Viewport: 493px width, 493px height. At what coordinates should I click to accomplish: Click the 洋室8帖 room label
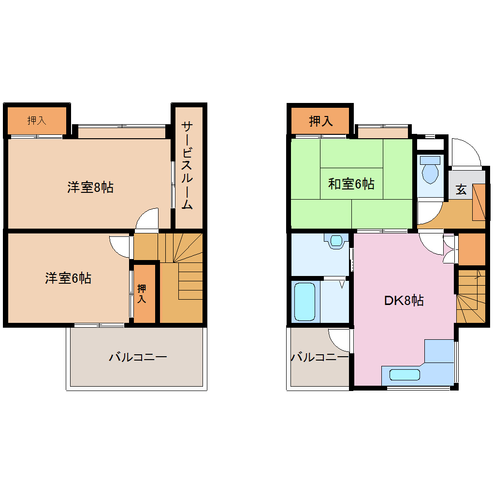90,188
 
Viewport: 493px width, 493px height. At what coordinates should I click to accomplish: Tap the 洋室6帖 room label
68,278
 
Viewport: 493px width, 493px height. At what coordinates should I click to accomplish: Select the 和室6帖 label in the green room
351,184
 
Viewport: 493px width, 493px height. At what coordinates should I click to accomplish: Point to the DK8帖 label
404,301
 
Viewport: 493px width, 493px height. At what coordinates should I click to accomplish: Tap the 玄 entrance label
462,190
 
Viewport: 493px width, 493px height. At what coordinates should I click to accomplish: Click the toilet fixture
430,170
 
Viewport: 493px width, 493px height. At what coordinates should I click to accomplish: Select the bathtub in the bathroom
304,302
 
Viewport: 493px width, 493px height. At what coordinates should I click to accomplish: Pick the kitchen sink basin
405,375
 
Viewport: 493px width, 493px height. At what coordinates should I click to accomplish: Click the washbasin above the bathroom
336,240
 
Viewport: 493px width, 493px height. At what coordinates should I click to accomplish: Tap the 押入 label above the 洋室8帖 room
37,120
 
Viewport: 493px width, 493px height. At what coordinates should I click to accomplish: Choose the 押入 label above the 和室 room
321,121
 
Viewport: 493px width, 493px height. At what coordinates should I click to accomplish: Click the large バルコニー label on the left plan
138,358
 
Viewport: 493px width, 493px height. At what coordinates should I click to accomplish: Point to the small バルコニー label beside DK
319,358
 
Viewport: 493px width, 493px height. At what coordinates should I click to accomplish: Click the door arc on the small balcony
339,340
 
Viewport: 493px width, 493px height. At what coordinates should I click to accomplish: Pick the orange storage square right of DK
471,249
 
